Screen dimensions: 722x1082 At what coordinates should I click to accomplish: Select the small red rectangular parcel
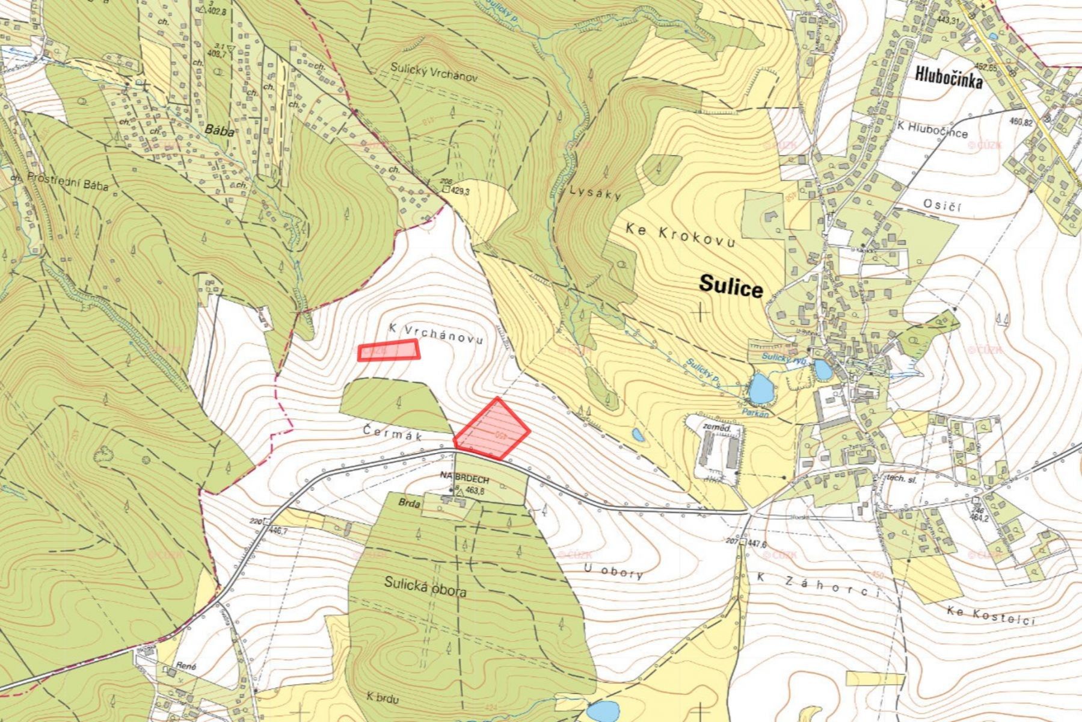point(389,350)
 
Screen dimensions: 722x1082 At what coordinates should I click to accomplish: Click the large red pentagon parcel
point(491,429)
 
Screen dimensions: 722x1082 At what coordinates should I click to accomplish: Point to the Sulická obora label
point(426,587)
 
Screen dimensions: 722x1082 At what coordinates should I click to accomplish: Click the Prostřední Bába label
point(67,181)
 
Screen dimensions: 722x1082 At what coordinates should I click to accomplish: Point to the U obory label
point(614,572)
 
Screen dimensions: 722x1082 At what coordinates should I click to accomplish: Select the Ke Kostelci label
point(991,615)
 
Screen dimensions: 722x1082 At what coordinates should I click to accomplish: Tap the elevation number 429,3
point(458,191)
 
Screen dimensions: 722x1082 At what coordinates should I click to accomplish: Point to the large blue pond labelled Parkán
point(760,389)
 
